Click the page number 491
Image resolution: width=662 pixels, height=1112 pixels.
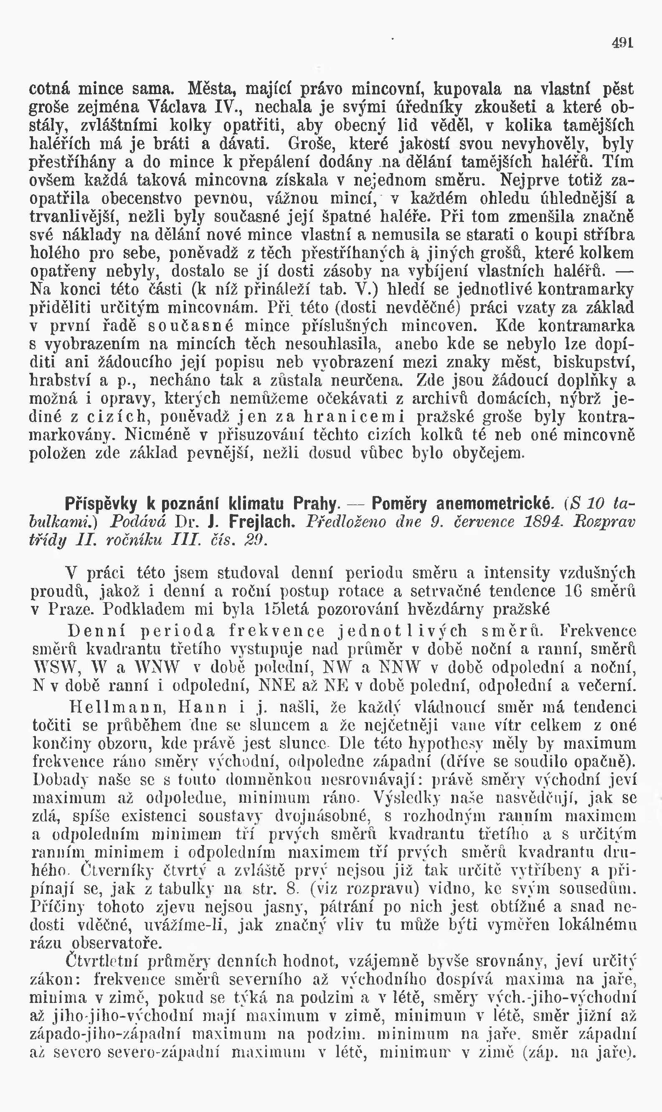click(622, 43)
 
